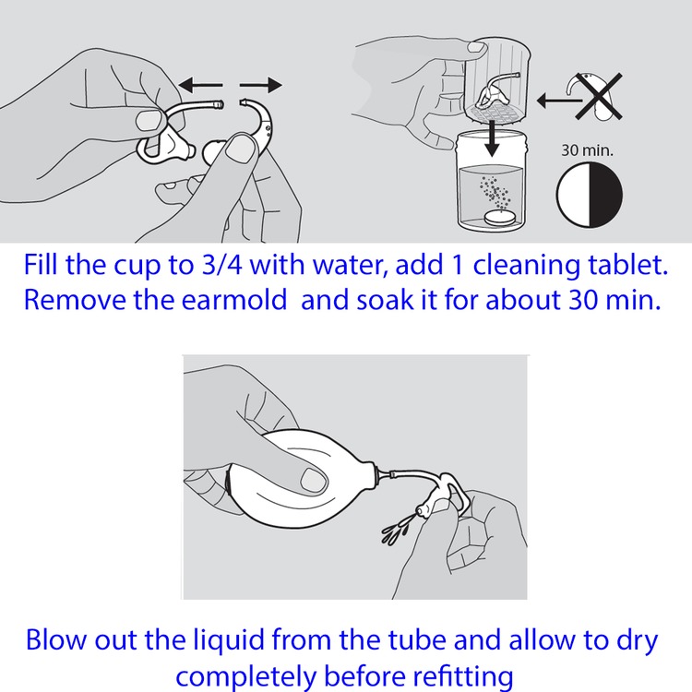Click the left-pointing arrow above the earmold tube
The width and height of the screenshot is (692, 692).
coord(200,85)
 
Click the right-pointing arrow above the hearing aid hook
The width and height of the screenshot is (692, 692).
coord(260,85)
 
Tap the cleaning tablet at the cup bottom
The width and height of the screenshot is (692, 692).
coord(499,218)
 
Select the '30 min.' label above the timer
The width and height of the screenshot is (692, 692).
coord(587,150)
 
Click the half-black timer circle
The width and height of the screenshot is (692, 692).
coord(590,195)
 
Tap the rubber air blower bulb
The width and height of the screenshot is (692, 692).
coord(300,480)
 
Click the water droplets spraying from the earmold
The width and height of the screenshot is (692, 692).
coord(398,528)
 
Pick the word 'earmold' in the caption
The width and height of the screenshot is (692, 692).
coord(234,300)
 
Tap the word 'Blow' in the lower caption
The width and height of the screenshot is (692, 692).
coord(55,640)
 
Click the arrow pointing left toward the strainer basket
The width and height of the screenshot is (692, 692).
coord(560,101)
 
